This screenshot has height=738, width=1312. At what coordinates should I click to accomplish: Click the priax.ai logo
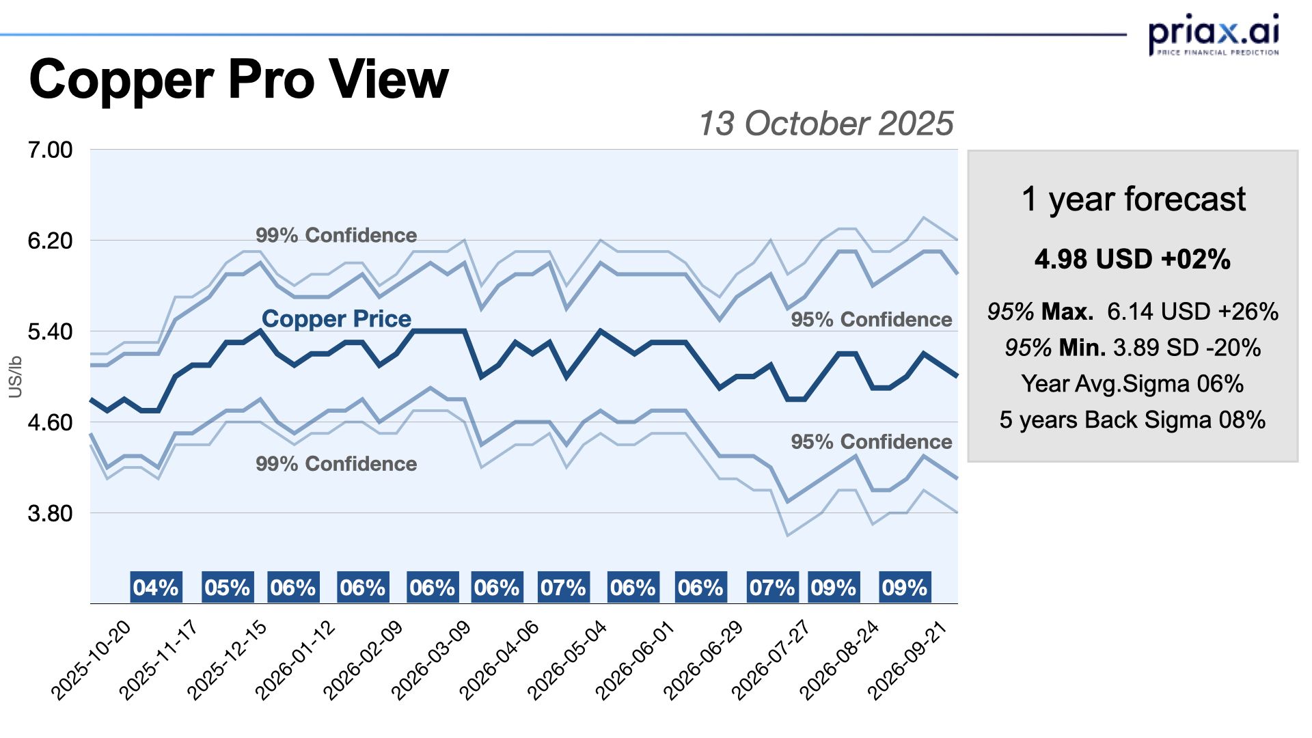click(x=1214, y=34)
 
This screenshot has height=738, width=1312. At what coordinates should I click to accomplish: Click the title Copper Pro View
click(x=238, y=79)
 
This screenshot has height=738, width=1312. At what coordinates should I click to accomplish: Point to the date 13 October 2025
click(x=825, y=124)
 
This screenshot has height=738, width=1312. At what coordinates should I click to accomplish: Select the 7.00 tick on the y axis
click(x=50, y=150)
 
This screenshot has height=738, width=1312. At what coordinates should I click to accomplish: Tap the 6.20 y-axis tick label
click(x=50, y=241)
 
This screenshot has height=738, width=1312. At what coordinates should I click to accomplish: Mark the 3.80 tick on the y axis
click(x=50, y=513)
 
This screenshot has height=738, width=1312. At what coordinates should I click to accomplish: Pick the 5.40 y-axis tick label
click(x=50, y=331)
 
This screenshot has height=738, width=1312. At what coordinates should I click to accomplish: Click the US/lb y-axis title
click(x=15, y=377)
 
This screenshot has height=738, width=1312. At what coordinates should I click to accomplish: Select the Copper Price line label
click(x=336, y=318)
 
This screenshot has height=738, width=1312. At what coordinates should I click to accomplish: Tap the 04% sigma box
click(x=156, y=588)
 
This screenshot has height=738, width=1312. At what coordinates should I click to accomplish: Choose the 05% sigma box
click(x=228, y=588)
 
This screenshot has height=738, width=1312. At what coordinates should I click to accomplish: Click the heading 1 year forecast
click(x=1133, y=199)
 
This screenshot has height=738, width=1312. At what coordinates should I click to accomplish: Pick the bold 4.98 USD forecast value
click(x=1132, y=260)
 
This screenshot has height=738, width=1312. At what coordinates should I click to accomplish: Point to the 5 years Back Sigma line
click(x=1132, y=420)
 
